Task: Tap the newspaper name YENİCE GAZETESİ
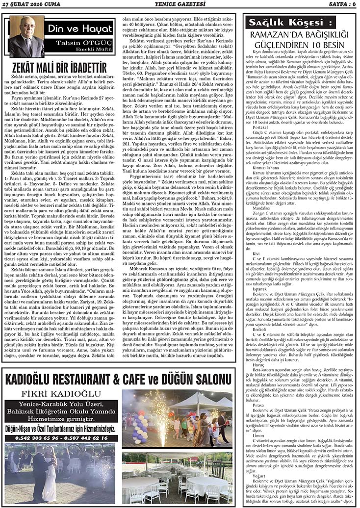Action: point(180,4)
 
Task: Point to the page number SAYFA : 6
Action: point(338,4)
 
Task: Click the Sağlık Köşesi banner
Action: point(278,23)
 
